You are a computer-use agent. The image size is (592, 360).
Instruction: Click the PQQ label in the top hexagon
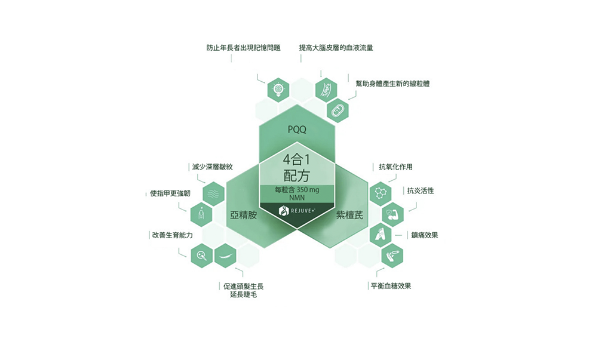(296, 128)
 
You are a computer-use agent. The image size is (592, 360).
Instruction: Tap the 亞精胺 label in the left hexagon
(243, 215)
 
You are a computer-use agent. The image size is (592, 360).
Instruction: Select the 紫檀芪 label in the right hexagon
(349, 215)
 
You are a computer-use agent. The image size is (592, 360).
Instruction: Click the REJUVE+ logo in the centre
(296, 211)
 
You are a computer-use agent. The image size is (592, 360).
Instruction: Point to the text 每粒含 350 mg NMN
(296, 193)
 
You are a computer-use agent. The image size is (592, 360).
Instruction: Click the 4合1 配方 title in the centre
(296, 167)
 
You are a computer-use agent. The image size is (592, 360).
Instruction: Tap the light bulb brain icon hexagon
(278, 89)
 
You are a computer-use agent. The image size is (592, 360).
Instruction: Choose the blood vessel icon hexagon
(326, 89)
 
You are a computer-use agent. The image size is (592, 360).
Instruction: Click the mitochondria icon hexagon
(338, 110)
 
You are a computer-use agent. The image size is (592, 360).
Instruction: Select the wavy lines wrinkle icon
(213, 193)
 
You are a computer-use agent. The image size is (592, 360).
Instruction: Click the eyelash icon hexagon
(225, 256)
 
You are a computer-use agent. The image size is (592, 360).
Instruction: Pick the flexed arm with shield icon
(392, 213)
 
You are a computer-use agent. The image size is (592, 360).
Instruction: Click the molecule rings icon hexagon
(380, 193)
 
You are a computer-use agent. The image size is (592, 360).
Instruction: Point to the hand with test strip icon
(392, 255)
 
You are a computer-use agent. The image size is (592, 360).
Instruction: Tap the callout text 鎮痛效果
(424, 235)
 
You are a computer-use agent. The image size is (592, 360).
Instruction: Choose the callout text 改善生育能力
(172, 235)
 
